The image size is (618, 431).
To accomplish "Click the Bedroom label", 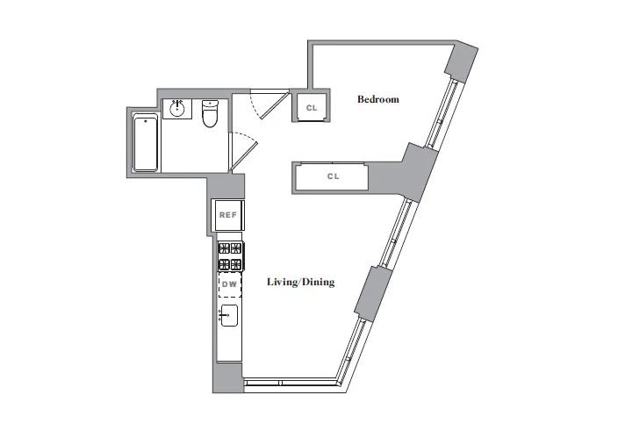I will tap(377, 99).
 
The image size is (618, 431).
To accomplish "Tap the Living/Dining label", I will tap(300, 283).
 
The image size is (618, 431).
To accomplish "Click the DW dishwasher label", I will tap(229, 284).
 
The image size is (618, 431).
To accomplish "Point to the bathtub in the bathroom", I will tap(146, 144).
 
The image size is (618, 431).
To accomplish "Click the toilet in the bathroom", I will tap(210, 114).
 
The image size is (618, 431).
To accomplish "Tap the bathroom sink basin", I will tap(177, 109).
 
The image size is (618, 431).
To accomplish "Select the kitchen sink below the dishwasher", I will tap(229, 316).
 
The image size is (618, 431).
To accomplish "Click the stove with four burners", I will tap(230, 255).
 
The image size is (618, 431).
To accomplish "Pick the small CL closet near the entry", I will tap(311, 107).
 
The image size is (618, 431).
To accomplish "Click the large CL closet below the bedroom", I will tap(332, 176).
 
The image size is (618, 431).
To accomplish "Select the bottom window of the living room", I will tap(290, 383).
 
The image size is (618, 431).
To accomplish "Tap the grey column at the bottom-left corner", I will tap(226, 377).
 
